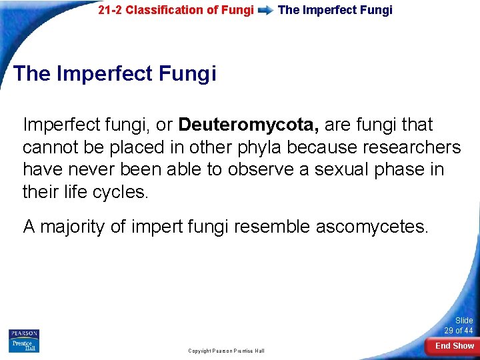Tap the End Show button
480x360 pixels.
coord(455,346)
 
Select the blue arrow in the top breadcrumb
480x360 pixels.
coord(265,11)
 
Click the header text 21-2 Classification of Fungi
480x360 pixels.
coord(175,10)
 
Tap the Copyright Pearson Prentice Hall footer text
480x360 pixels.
coord(226,351)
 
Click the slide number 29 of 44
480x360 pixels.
coord(459,331)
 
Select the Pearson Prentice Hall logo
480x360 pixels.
coord(24,341)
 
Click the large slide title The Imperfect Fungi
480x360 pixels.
coord(115,73)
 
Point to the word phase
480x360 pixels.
coord(394,170)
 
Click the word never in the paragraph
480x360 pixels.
coord(90,170)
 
